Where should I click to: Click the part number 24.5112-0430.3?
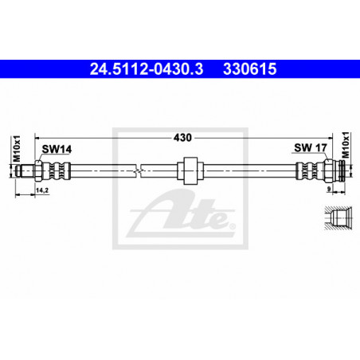click(x=147, y=69)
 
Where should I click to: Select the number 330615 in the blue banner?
click(x=250, y=69)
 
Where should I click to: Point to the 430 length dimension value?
click(x=182, y=138)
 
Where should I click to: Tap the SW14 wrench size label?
click(x=57, y=149)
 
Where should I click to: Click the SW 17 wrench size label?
click(x=311, y=147)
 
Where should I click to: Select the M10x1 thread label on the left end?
click(x=17, y=149)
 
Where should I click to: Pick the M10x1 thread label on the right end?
click(x=346, y=145)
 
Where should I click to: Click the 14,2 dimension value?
click(x=42, y=190)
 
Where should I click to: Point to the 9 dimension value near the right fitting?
click(x=329, y=189)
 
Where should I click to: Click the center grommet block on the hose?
click(x=190, y=170)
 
